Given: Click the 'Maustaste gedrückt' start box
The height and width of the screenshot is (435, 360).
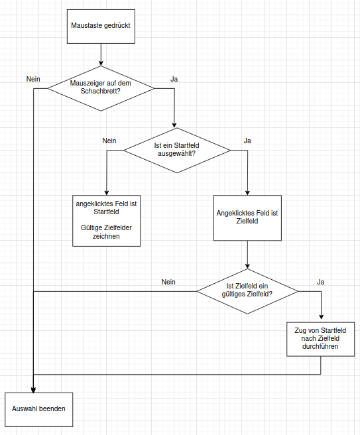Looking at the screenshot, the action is pos(101,27).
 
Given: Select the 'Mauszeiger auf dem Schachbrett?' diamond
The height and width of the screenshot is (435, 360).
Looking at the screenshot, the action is pos(101,88).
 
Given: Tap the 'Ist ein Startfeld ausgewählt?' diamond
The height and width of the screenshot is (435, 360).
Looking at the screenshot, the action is pos(177,151).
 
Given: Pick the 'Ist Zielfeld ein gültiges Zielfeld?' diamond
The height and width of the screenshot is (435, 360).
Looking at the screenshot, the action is pos(247,291).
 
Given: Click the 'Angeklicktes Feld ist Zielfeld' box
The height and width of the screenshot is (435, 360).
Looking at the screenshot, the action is pos(247,217).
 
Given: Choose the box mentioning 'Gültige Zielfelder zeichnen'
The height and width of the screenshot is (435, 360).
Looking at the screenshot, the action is pos(107,221).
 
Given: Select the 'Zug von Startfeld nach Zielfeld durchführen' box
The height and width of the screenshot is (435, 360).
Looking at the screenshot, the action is pos(321,339).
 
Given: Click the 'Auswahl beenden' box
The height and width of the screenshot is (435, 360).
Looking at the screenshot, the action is pos(39,410).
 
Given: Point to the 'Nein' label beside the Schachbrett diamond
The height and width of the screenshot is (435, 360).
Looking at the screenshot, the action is pos(33,79).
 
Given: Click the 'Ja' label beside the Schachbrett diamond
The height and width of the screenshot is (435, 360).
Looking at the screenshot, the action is pos(174,79).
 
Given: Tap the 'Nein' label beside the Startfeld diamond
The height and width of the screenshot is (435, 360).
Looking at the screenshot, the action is pos(109,141).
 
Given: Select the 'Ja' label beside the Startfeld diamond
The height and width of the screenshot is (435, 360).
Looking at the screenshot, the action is pos(247,141).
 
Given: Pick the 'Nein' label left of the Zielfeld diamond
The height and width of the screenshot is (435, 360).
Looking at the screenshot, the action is pos(168,282).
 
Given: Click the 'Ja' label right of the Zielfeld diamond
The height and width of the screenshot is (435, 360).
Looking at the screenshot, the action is pos(321,282).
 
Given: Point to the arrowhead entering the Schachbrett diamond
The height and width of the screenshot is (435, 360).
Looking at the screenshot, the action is pos(101,63).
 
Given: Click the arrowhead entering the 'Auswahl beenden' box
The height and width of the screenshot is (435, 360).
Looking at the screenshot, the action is pos(33,390).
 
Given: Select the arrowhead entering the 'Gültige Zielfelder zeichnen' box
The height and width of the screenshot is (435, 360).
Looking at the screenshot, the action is pos(107,193).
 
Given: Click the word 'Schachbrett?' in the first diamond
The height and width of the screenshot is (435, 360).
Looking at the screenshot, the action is pos(100,91).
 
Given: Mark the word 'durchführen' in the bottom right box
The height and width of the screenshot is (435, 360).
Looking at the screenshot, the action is pos(320,346).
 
